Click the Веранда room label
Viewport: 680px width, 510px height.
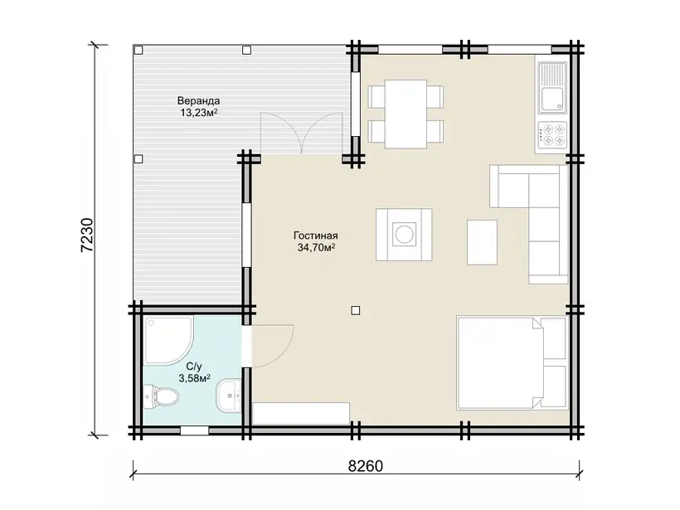198,100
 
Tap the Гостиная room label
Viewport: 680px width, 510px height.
315,236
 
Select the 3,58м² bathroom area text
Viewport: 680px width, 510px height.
194,378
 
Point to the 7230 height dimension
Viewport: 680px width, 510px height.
87,235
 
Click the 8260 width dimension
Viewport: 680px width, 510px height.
366,466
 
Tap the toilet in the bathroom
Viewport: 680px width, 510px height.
161,396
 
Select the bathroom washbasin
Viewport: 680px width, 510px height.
228,395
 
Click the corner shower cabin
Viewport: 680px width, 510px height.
168,341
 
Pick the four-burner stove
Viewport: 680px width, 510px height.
551,134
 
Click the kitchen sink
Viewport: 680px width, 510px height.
552,86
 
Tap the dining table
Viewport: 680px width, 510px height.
406,114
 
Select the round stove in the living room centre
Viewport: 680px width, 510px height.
404,235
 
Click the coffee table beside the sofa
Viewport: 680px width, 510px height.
482,242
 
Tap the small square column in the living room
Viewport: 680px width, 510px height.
356,310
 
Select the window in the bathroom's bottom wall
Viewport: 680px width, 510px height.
194,430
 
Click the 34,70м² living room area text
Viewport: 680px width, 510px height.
316,248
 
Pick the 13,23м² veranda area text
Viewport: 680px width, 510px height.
199,113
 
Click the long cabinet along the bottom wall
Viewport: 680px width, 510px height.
301,413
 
